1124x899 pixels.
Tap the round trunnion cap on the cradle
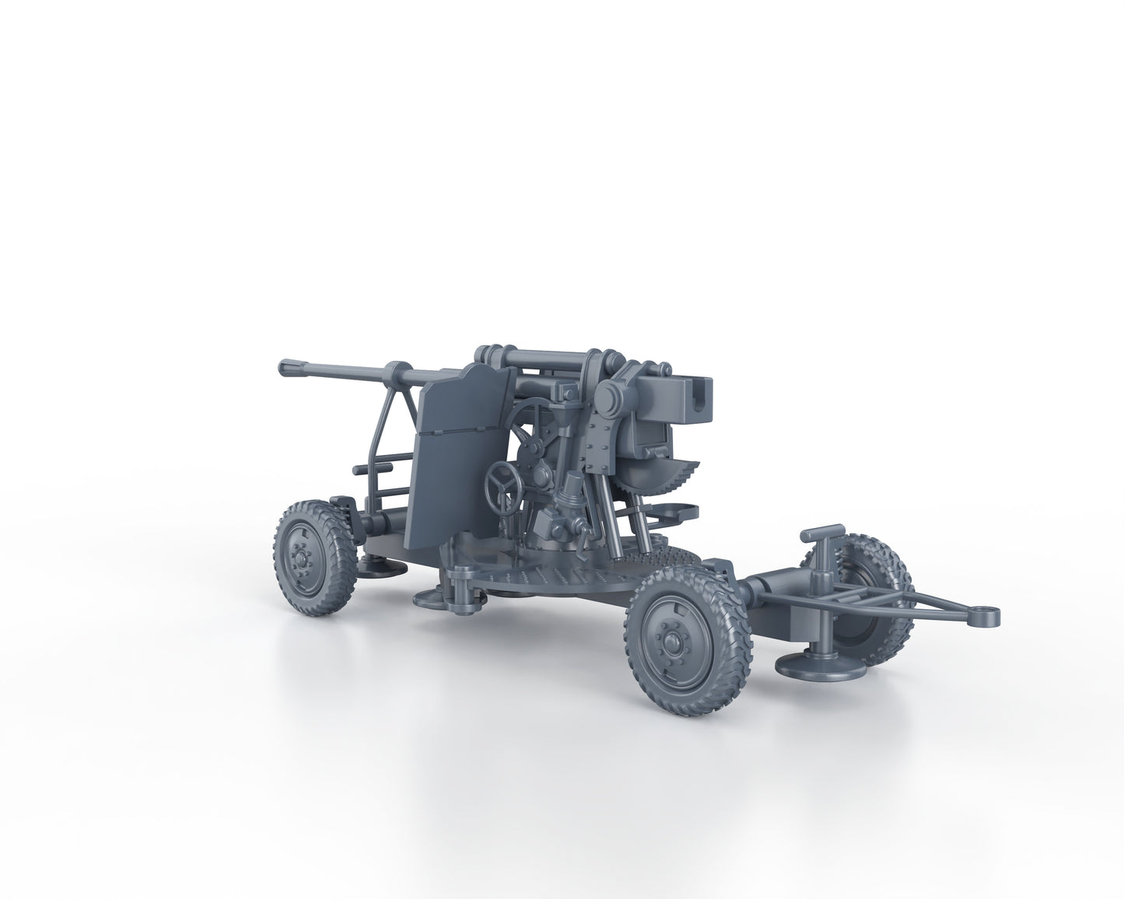pyautogui.click(x=608, y=401)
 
